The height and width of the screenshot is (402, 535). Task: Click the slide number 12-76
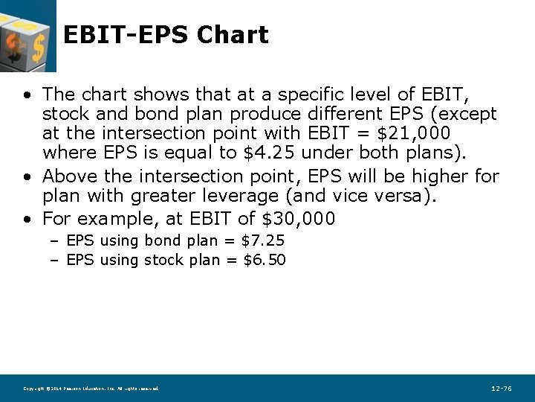click(502, 389)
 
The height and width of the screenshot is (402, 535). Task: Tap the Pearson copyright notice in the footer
click(91, 389)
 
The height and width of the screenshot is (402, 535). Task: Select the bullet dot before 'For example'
click(27, 220)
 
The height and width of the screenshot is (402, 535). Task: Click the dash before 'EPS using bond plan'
click(56, 241)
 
